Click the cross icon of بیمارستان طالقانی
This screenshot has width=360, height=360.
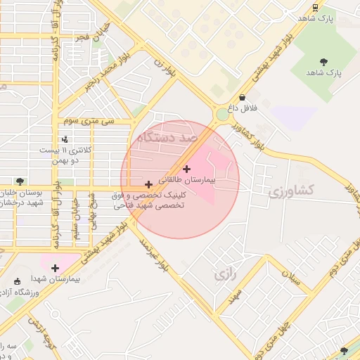pos(186,169)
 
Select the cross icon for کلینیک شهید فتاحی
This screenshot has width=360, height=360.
pos(148,184)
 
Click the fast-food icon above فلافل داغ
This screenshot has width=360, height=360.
pos(243,98)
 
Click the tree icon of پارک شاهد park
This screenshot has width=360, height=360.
pos(323,62)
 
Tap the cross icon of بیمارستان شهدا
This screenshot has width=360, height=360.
pos(55,267)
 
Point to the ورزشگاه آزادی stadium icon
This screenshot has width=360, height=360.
pos(18,281)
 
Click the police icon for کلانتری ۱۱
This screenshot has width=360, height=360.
pos(65,140)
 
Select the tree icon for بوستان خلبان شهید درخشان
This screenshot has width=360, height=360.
pos(20,181)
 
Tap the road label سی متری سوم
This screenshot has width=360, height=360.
pos(89,121)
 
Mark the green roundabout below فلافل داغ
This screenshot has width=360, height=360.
pos(223,114)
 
